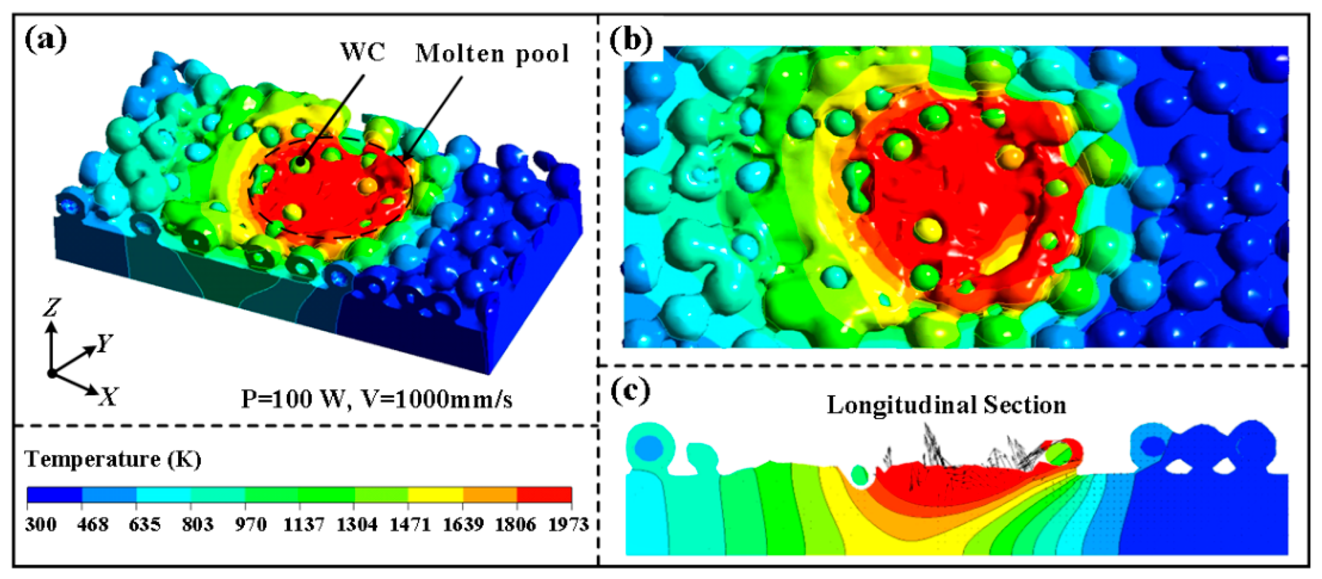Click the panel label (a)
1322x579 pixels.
[x=45, y=39]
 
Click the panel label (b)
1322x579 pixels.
[x=631, y=39]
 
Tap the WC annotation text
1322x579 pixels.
[x=362, y=52]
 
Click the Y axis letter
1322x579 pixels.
[x=105, y=342]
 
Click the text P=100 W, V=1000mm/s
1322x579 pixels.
[x=376, y=399]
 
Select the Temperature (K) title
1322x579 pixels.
[x=113, y=459]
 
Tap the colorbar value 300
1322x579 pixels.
[x=40, y=524]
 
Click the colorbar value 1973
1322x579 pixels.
[x=568, y=524]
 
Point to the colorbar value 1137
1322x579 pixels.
[x=304, y=524]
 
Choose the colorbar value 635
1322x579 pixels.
[x=145, y=524]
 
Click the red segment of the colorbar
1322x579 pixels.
[x=544, y=494]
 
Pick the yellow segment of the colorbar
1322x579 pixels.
[x=435, y=494]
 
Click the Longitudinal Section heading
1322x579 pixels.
[x=946, y=405]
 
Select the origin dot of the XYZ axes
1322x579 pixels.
[x=51, y=373]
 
